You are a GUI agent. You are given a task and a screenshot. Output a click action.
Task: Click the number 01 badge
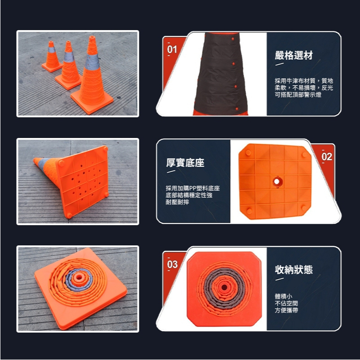point(172,49)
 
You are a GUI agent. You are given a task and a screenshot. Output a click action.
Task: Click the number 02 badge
point(327,156)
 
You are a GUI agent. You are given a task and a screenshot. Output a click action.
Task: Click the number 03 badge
point(172,264)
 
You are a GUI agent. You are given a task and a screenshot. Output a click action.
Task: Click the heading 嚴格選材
point(293,55)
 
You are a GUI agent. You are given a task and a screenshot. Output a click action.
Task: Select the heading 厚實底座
point(185,163)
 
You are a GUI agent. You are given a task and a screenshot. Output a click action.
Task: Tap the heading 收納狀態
point(293,270)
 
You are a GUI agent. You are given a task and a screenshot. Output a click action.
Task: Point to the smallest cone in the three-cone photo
point(52,57)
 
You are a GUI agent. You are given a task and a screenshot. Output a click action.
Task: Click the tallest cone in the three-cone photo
point(92,76)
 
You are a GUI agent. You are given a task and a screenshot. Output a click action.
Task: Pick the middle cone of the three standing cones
point(68,66)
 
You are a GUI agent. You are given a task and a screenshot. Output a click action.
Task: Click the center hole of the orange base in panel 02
point(277,182)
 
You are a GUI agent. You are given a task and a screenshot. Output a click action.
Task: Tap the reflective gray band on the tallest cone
point(92,62)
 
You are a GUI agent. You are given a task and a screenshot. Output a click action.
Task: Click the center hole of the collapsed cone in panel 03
point(224,288)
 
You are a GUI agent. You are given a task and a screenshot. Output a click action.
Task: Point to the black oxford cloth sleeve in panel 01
point(220,73)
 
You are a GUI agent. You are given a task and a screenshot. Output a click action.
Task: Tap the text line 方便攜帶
point(286,310)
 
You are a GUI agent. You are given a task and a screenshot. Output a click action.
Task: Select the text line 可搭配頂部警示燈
point(298,94)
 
